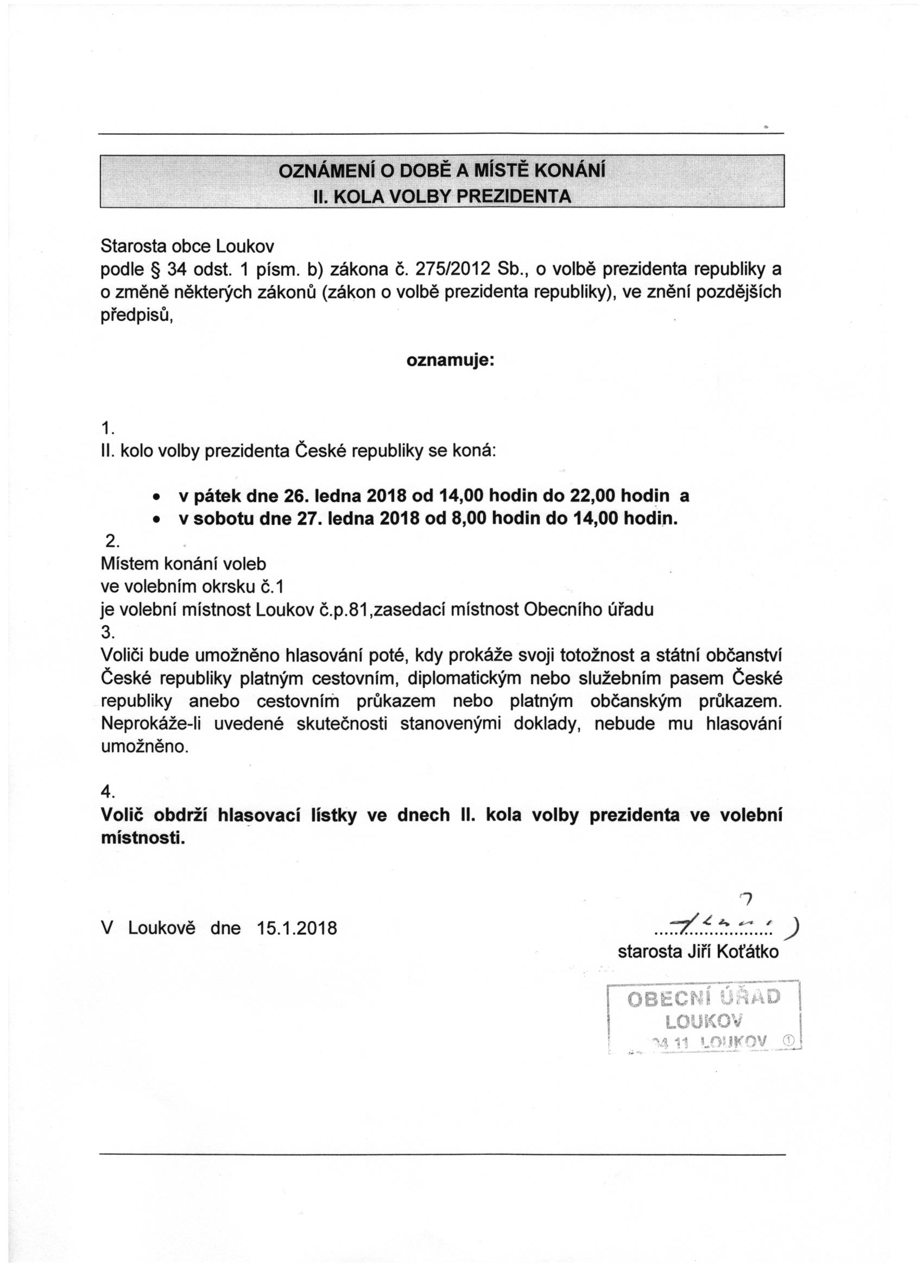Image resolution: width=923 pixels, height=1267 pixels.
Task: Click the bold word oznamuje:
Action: tap(450, 360)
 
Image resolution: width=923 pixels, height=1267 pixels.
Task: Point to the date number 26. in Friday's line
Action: tap(297, 496)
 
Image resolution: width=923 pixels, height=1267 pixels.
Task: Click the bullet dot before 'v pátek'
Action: tap(158, 497)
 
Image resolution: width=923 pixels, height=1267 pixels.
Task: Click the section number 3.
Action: tap(108, 632)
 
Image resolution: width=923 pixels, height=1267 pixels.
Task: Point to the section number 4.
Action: tap(108, 791)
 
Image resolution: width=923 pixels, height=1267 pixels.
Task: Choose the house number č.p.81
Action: tap(345, 610)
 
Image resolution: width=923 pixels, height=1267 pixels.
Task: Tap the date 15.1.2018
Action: tap(296, 928)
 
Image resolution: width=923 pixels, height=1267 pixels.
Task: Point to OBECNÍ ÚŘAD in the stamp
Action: tap(704, 998)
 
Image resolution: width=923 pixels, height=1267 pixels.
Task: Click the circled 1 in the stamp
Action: tap(788, 1040)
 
